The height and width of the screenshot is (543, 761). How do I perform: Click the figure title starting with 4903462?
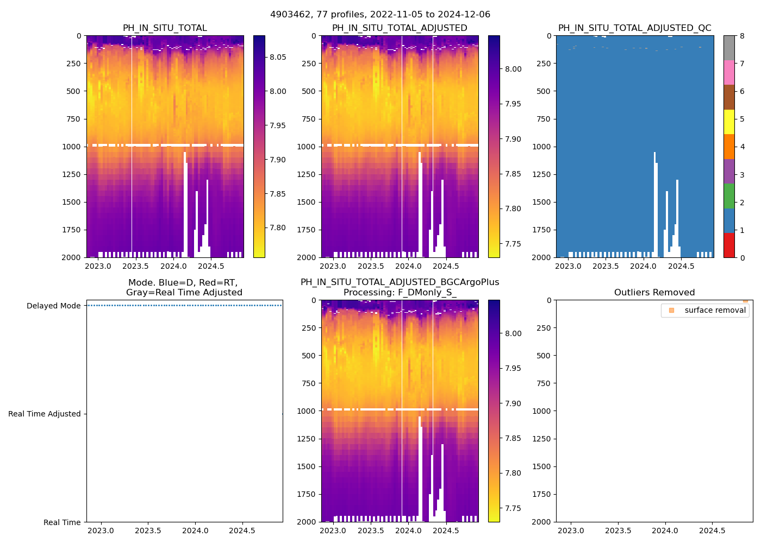coord(380,15)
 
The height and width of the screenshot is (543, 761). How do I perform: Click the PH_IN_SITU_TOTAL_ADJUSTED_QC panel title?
coord(634,28)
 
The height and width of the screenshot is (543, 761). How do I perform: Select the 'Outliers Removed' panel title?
coord(654,293)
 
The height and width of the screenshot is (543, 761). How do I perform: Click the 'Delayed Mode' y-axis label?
coord(53,306)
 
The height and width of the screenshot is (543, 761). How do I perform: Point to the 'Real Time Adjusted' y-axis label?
coord(45,414)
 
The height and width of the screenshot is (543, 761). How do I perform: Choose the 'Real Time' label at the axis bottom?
coord(62,522)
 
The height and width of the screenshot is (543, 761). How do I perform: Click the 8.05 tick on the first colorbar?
coord(278,57)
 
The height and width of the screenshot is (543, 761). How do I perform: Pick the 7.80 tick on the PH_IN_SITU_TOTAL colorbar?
coord(278,228)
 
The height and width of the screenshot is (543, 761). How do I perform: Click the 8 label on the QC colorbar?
coord(742,36)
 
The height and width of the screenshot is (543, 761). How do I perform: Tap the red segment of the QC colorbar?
coord(729,245)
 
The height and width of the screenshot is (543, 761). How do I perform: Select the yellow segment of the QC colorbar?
coord(729,122)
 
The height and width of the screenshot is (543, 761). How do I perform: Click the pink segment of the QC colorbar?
coord(729,72)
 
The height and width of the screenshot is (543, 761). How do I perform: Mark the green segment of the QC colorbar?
coord(729,196)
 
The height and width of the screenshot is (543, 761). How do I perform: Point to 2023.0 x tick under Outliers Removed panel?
coord(571,531)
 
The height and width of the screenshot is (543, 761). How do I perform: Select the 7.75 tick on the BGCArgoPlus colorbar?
coord(514,508)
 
